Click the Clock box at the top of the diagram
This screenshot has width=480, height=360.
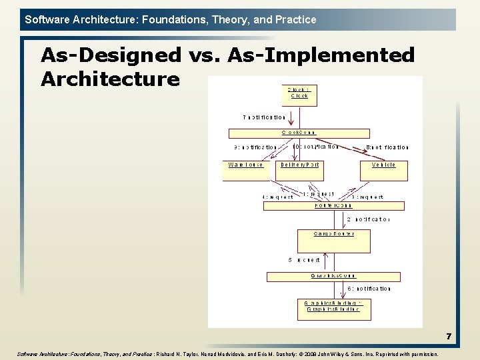(299, 95)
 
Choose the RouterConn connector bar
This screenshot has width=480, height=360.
(333, 205)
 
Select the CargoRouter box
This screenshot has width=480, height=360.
(334, 240)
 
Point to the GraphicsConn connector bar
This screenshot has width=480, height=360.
(333, 275)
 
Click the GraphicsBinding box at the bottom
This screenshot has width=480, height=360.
(333, 309)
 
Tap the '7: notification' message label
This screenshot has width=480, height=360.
(265, 117)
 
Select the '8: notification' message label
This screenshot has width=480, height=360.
(387, 147)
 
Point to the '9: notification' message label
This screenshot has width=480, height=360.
(255, 147)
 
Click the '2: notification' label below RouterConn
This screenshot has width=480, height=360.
(368, 219)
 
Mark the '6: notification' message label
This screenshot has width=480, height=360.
(369, 289)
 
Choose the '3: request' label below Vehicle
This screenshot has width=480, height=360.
(367, 197)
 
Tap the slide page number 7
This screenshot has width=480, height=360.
(449, 337)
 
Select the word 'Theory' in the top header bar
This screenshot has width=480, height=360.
(231, 19)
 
